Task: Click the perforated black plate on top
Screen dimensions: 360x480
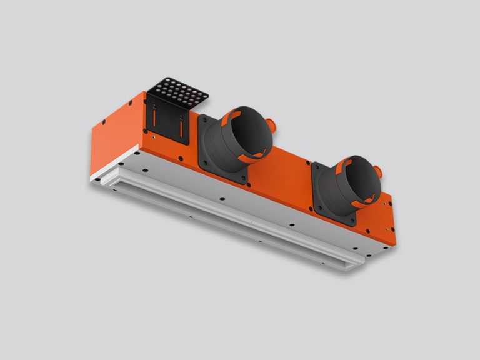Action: click(x=181, y=92)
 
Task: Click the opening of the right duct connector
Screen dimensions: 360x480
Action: click(x=357, y=176)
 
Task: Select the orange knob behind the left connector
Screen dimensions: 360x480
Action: click(x=269, y=121)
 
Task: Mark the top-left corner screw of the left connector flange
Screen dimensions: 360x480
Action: click(x=203, y=119)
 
